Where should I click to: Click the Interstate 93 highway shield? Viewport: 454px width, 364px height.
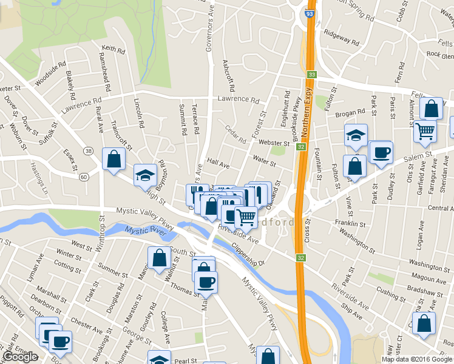point(310,12)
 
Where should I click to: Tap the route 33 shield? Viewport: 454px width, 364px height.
point(311,74)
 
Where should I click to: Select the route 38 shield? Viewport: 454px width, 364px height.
point(89,150)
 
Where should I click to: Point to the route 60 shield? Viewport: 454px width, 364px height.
point(83,177)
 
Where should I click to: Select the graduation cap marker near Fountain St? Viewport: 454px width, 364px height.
point(356,135)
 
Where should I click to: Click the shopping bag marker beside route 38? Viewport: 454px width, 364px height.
point(113,160)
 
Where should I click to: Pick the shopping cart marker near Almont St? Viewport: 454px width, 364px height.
point(425,130)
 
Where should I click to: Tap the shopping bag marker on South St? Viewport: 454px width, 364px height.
point(158,257)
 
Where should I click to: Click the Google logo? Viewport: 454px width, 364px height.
point(20,357)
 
